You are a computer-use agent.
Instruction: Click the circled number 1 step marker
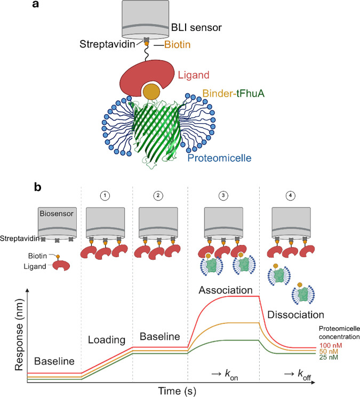pos(105,195)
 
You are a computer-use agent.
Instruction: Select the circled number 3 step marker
pos(223,195)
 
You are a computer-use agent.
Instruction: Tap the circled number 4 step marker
pos(290,195)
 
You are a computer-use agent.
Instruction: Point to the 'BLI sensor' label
pos(196,27)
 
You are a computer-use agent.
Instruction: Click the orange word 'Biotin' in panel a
pos(177,45)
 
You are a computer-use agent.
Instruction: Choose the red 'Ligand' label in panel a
pos(194,75)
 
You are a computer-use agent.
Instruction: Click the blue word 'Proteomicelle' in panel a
pos(219,158)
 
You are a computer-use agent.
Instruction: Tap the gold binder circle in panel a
pos(151,92)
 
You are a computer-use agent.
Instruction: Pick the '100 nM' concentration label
pos(331,345)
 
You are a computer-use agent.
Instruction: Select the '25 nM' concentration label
pos(329,358)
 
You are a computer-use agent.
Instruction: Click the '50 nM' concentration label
pos(329,352)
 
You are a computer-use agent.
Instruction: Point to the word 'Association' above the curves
pos(226,290)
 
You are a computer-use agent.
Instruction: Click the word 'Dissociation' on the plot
pos(296,315)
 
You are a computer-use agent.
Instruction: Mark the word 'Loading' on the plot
pos(107,340)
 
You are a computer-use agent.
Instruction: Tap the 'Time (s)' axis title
pos(177,391)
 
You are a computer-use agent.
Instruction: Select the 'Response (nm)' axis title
pos(19,335)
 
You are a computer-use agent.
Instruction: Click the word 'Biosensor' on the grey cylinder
pos(57,213)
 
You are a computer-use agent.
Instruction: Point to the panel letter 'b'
pos(37,188)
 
